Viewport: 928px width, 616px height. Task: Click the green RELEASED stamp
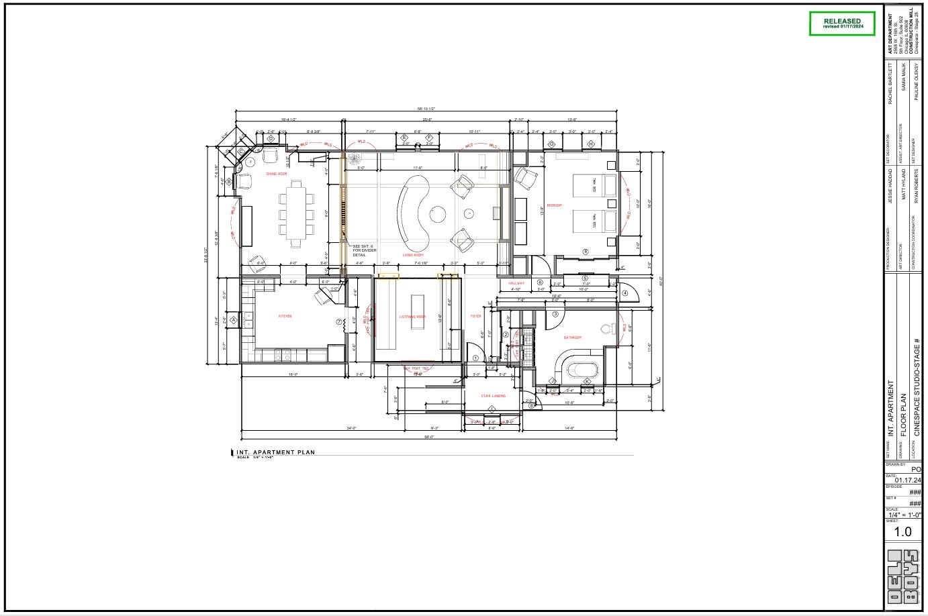coord(842,23)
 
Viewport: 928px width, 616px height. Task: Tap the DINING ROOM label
coord(276,174)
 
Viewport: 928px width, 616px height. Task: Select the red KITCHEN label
coord(285,316)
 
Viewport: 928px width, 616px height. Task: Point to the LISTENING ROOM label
coord(412,317)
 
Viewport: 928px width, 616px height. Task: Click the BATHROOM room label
coord(572,338)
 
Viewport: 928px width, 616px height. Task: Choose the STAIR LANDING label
coord(494,396)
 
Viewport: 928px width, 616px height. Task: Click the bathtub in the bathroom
coord(581,368)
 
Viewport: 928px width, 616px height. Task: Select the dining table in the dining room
coord(295,213)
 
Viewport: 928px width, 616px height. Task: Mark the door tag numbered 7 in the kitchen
coord(338,322)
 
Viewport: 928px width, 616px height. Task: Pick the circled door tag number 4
coord(624,293)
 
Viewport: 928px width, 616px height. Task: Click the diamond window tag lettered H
coord(591,144)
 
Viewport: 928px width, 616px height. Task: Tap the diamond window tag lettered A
coord(233,321)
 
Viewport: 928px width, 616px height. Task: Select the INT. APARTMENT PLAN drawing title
coord(276,452)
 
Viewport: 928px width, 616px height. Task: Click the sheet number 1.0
coord(902,531)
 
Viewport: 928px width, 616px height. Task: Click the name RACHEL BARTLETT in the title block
coord(890,84)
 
